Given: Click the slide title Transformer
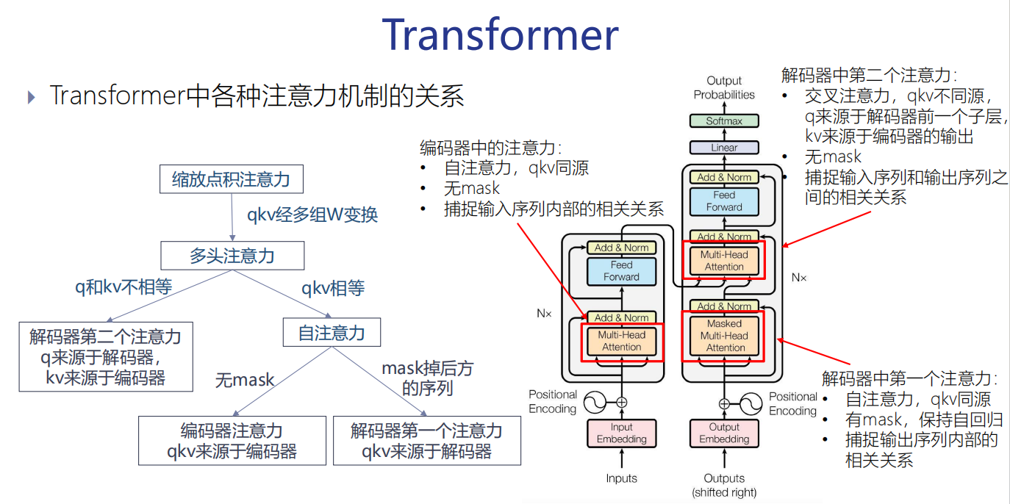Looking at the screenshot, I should (x=500, y=35).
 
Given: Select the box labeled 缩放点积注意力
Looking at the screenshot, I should (x=231, y=179).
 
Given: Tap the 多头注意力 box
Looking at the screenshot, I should (x=232, y=256).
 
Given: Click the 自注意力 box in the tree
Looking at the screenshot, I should (x=332, y=333).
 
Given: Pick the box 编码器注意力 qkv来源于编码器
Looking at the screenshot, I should (x=232, y=441).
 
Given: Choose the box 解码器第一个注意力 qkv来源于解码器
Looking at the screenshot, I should (x=426, y=441).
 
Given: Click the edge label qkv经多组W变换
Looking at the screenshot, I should (x=312, y=215).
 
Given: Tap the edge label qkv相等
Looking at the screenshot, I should (x=333, y=288).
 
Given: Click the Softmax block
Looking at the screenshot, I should (x=724, y=121).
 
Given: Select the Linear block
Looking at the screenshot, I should (x=724, y=148).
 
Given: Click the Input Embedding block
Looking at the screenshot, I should (x=622, y=433).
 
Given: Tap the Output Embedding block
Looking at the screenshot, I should (x=724, y=433).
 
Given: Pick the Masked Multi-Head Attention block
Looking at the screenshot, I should (x=725, y=336).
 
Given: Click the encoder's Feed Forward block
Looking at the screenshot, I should (x=622, y=271).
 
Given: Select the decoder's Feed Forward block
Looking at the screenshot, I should (x=724, y=201).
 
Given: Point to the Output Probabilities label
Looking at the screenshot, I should (x=724, y=87).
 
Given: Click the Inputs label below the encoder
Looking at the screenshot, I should (x=622, y=478).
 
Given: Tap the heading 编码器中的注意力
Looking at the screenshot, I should (x=490, y=147).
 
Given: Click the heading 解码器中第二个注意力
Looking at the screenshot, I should (x=869, y=75).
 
